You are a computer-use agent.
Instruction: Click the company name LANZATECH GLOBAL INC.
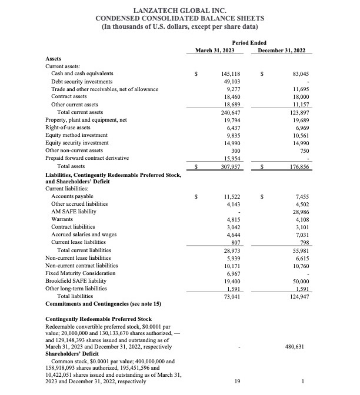(x=180, y=10)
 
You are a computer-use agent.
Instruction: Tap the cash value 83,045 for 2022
(x=301, y=73)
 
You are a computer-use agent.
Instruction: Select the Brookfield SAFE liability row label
(x=82, y=281)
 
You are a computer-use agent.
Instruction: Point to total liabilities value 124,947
(x=299, y=296)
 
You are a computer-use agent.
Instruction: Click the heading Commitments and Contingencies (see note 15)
(x=104, y=303)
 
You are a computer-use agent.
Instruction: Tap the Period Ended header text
(x=249, y=43)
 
